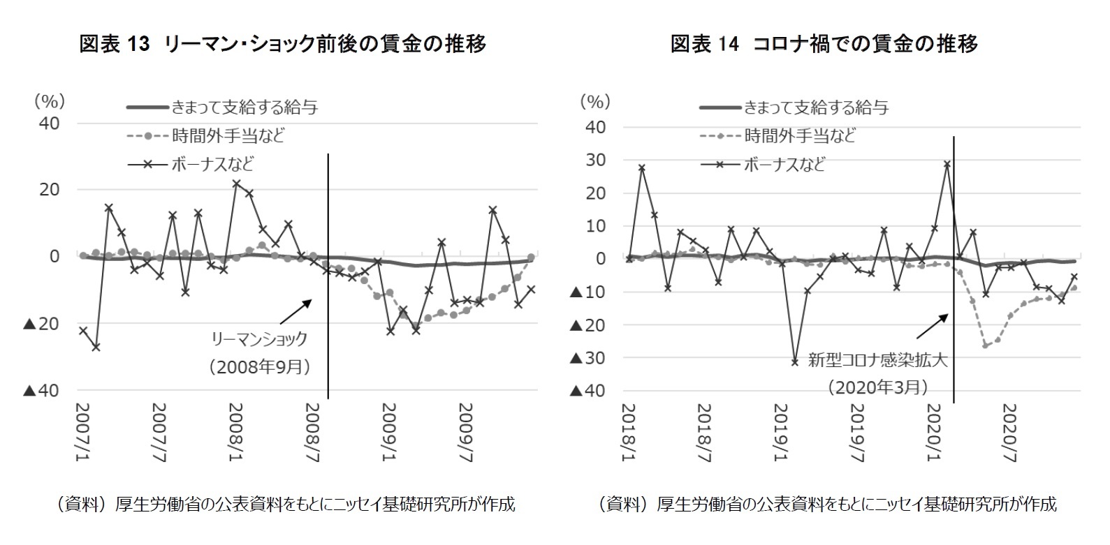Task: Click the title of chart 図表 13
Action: [282, 44]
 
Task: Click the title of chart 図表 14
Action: [824, 44]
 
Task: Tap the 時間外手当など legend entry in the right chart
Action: [799, 135]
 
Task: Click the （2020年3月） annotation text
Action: [878, 387]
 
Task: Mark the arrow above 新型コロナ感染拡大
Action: [932, 327]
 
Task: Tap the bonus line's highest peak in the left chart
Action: [236, 184]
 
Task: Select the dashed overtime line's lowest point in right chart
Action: [986, 345]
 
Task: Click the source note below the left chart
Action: [282, 505]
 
